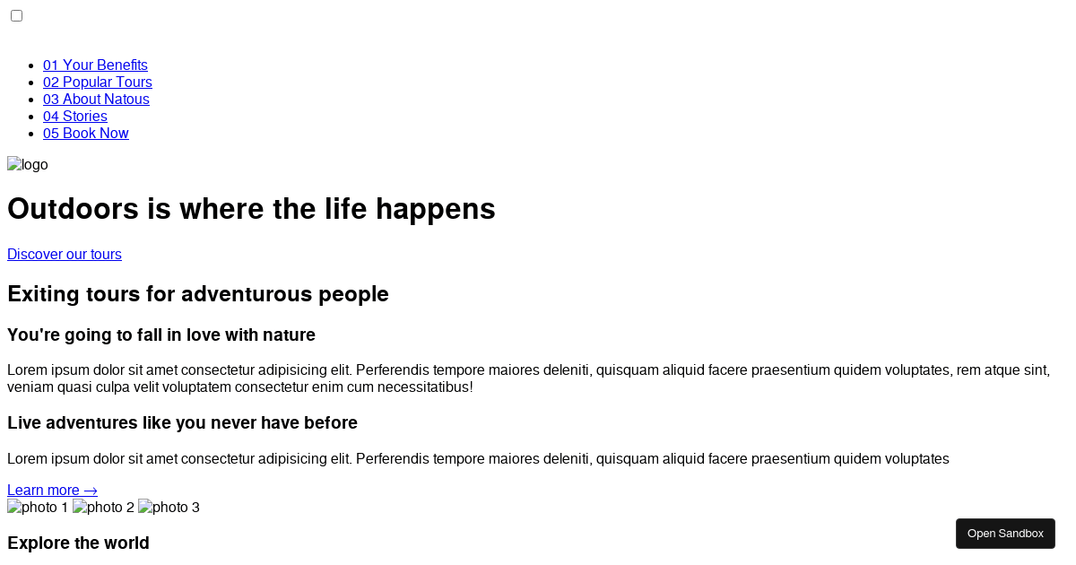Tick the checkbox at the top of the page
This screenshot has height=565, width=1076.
(16, 16)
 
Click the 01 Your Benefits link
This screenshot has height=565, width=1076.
(95, 65)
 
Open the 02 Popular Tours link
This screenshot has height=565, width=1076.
(98, 83)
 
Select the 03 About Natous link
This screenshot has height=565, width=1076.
(96, 99)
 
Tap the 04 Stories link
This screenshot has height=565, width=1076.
(75, 117)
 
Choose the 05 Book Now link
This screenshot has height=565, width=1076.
(86, 133)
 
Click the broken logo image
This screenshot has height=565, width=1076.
(28, 164)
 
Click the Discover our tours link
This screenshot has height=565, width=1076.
(65, 254)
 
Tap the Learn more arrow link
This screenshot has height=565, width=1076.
(52, 490)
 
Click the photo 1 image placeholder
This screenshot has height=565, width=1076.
(38, 507)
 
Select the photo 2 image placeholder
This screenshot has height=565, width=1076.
(103, 507)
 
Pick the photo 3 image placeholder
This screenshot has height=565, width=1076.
(169, 507)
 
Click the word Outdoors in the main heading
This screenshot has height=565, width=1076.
(73, 209)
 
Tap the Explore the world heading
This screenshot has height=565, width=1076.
(78, 543)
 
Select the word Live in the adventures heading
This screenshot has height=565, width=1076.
(24, 422)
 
